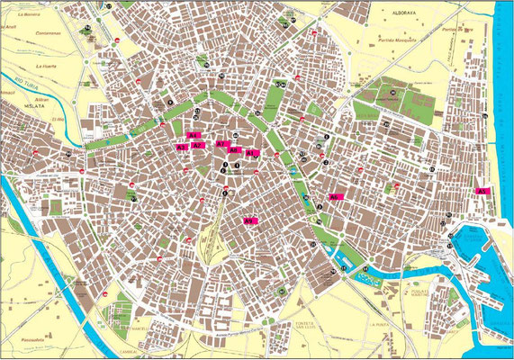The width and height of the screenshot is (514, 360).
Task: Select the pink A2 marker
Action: [198, 145]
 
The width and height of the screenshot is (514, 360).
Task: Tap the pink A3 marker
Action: [182, 147]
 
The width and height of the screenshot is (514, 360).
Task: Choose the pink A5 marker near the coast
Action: [482, 191]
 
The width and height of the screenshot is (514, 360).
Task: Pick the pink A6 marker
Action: [334, 196]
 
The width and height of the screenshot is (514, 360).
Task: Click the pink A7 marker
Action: [221, 144]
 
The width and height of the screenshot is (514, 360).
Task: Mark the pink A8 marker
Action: [235, 150]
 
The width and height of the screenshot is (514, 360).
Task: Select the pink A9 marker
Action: [249, 220]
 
